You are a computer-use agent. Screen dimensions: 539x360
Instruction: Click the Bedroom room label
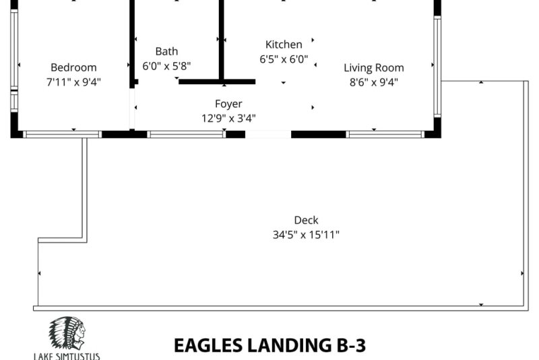[73, 67]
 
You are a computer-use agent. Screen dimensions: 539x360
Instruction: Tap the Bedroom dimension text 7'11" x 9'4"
[73, 82]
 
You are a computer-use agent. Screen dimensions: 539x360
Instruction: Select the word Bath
[166, 51]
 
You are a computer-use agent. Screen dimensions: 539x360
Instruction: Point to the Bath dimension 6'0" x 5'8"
[166, 65]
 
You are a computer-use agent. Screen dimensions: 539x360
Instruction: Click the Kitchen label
[284, 44]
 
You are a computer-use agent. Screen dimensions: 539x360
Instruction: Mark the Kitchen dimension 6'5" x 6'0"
[284, 59]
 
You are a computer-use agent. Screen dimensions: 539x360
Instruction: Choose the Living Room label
[374, 67]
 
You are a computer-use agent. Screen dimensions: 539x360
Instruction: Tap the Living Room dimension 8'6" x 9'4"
[374, 82]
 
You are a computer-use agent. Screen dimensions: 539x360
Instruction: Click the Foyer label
[228, 104]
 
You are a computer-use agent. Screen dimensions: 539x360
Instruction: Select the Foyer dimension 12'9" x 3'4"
[228, 119]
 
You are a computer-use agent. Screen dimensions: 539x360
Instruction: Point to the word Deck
[307, 220]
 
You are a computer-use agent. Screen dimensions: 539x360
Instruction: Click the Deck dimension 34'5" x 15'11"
[307, 235]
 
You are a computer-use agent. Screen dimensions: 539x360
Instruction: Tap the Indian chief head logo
[67, 334]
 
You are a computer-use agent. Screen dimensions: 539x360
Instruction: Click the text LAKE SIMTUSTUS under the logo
[67, 356]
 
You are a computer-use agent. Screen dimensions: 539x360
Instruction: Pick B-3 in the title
[351, 346]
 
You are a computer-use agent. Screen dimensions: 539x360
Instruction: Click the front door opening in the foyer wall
[268, 134]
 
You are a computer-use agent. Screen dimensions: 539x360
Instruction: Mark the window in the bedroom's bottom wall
[63, 134]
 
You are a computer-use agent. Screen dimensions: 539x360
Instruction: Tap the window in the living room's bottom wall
[385, 134]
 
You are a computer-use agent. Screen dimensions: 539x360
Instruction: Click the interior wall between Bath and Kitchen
[222, 40]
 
